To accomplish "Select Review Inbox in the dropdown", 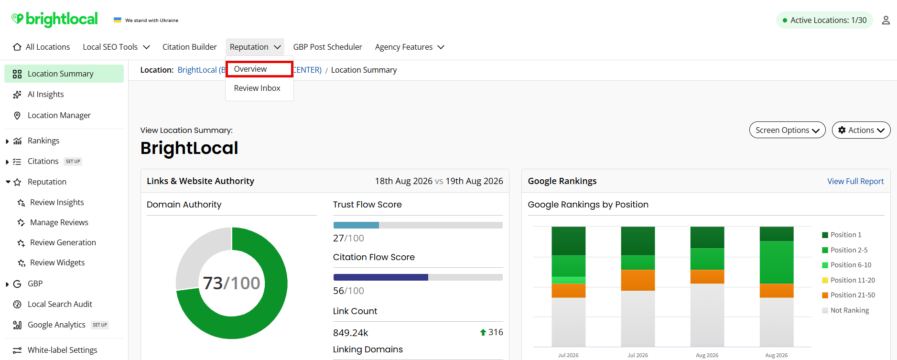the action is pyautogui.click(x=257, y=88).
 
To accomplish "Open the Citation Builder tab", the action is pyautogui.click(x=189, y=47).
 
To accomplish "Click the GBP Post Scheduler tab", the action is pyautogui.click(x=327, y=47).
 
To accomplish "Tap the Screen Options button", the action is pyautogui.click(x=787, y=130).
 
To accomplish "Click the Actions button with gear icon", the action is pyautogui.click(x=861, y=130).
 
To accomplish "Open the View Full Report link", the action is pyautogui.click(x=855, y=181).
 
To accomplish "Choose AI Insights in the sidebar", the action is pyautogui.click(x=45, y=94).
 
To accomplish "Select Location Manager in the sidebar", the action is pyautogui.click(x=59, y=115).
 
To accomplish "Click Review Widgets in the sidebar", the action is pyautogui.click(x=57, y=262).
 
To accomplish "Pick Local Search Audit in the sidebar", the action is pyautogui.click(x=60, y=304).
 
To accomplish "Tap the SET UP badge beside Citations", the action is pyautogui.click(x=73, y=162).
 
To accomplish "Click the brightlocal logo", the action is pyautogui.click(x=54, y=19).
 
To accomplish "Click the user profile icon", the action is pyautogui.click(x=886, y=20).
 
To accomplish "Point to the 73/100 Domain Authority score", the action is pyautogui.click(x=231, y=283).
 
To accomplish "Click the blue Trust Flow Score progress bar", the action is pyautogui.click(x=356, y=225).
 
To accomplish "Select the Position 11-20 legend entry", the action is pyautogui.click(x=848, y=280).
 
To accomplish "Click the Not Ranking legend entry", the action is pyautogui.click(x=845, y=310).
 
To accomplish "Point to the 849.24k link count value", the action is pyautogui.click(x=350, y=333).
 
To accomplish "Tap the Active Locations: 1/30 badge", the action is pyautogui.click(x=824, y=20).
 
